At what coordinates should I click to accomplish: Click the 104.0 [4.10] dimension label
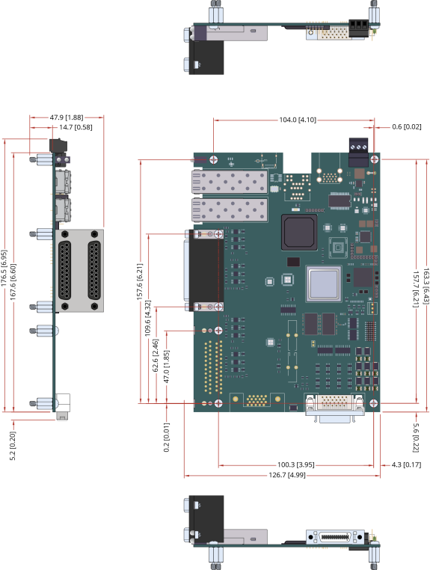(x=298, y=120)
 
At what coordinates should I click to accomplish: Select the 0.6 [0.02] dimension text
(x=406, y=127)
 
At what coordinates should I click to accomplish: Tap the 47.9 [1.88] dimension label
(x=67, y=117)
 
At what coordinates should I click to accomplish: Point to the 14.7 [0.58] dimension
(x=76, y=127)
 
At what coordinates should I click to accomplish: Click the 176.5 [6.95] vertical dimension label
(x=4, y=268)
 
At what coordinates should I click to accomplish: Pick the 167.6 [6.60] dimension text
(x=13, y=282)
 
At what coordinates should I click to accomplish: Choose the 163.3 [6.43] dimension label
(x=426, y=286)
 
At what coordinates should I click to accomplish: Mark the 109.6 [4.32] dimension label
(x=147, y=318)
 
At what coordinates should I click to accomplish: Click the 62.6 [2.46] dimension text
(x=156, y=355)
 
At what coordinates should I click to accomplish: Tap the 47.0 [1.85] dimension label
(x=167, y=367)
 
